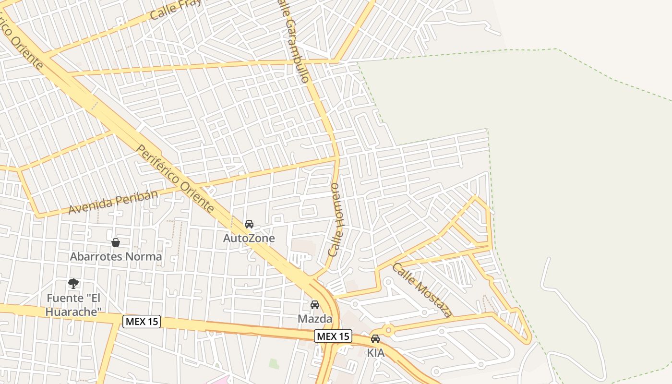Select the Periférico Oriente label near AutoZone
pos(175,179)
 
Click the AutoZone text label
pos(249,238)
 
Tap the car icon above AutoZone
pos(249,224)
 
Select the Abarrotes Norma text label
pos(116,256)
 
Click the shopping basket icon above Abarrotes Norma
pos(116,242)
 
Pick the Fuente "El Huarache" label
pos(74,305)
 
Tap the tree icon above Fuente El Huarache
pos(73,284)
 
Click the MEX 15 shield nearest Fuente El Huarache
pos(142,321)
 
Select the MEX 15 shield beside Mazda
pos(333,336)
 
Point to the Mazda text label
pos(315,319)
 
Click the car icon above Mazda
pos(315,305)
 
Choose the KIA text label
pos(376,353)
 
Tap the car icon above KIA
pos(375,339)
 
